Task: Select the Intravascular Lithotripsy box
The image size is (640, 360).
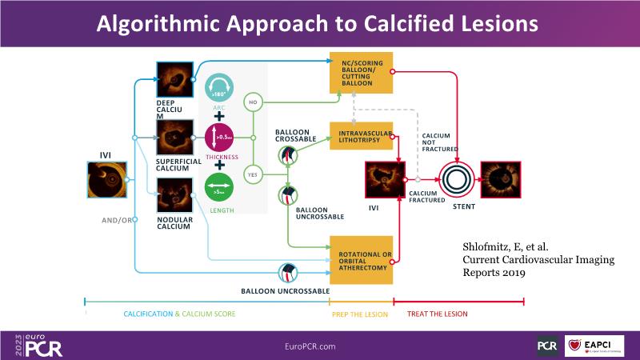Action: [362, 136]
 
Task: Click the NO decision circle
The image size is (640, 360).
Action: [253, 102]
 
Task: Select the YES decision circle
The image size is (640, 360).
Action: [253, 172]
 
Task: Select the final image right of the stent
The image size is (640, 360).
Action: [502, 178]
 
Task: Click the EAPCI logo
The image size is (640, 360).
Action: [595, 346]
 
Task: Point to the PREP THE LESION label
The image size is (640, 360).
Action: [359, 314]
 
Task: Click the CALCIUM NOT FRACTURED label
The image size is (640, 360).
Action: [438, 142]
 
